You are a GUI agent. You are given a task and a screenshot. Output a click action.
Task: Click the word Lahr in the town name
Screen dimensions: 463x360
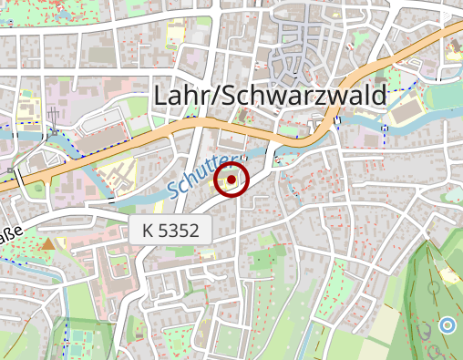pos(182,95)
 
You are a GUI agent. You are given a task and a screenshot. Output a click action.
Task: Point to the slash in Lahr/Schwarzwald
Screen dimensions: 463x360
pos(214,95)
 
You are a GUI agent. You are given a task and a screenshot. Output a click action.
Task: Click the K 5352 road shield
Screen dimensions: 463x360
pos(170,231)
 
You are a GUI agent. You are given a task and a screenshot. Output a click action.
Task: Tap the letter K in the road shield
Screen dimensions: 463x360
pos(149,231)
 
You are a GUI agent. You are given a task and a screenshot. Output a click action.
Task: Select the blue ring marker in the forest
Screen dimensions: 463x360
pos(447,324)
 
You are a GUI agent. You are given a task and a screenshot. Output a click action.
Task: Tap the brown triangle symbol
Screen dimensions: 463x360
pos(47,243)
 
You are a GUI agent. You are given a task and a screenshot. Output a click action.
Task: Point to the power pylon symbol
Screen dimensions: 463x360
pos(55,117)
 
